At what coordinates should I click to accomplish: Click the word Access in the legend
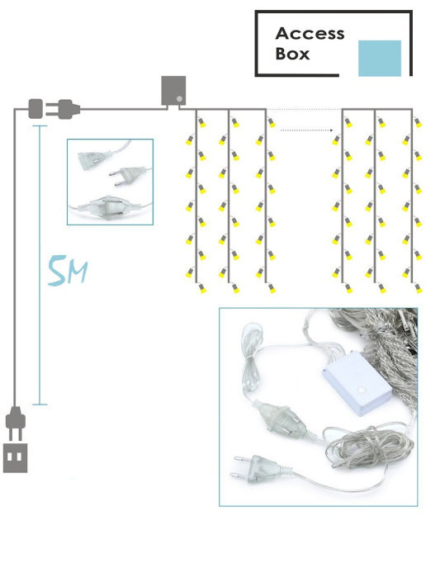point(310,33)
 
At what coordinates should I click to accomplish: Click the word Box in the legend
point(292,54)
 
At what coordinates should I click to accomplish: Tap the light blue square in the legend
point(380,58)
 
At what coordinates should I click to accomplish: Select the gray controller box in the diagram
point(173,91)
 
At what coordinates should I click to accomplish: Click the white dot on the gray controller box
point(179,98)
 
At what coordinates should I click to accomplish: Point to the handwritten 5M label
point(68,270)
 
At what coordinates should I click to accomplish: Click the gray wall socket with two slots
point(15,458)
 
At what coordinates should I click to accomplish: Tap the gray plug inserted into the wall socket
point(16,423)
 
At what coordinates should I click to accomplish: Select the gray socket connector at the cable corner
point(35,108)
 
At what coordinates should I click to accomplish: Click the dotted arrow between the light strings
point(306,130)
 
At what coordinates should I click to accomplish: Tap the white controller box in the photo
point(357,384)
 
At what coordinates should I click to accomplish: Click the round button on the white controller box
point(362,390)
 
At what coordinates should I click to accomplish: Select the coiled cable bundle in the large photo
point(370,447)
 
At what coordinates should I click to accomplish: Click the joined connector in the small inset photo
point(107,207)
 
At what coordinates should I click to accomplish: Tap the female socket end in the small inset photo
point(93,159)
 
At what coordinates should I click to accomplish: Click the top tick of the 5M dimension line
point(40,125)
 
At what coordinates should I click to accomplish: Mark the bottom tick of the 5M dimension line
point(40,404)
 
